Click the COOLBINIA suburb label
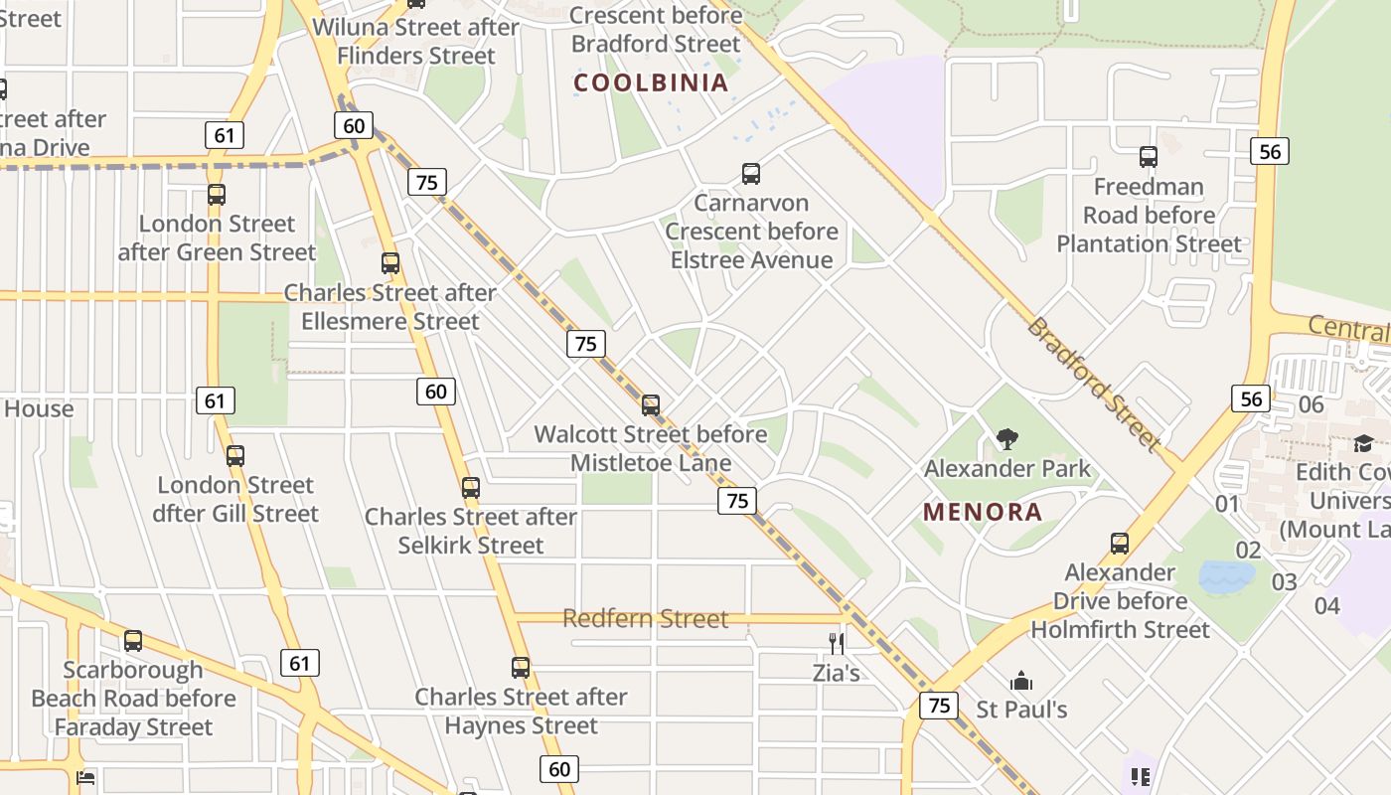coord(652,83)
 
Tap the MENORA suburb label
coord(983,513)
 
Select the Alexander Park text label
coord(1007,468)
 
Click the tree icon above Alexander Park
coord(1007,438)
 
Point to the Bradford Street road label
coord(1093,383)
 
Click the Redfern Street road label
coord(646,619)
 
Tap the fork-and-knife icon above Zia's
coord(837,644)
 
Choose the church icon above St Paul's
coord(1021,682)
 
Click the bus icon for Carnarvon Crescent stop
coord(751,174)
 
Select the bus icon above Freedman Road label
coord(1149,157)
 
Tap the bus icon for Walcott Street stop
coord(651,405)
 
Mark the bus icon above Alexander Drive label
coord(1120,544)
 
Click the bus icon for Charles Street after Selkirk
coord(471,488)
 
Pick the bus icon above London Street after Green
coord(217,195)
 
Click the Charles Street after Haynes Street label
coord(521,712)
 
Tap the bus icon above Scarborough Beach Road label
coord(133,641)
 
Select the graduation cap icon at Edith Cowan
coord(1363,444)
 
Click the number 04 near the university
coord(1326,605)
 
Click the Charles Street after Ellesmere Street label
coord(390,307)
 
